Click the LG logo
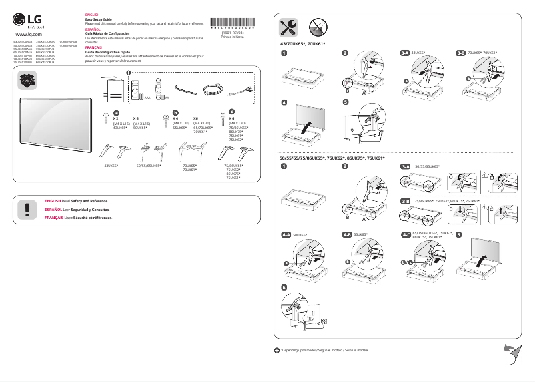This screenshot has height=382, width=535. pos(28,21)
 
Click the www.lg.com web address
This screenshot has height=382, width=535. pos(28,33)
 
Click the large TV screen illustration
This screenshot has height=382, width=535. pos(55,122)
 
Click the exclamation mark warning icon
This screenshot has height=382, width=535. pos(27,209)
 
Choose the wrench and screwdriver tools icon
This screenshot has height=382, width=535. pos(288,27)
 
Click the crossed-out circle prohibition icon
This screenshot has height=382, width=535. pos(317,27)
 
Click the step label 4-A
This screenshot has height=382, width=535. pos(287,235)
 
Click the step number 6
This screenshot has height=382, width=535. pos(284,287)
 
